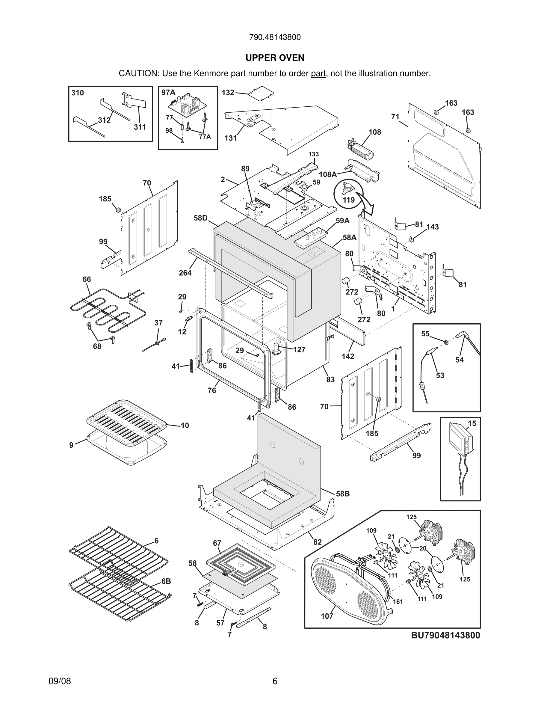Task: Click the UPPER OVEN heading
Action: click(275, 58)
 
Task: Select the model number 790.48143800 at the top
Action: click(275, 37)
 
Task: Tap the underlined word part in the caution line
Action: click(318, 74)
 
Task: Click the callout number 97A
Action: click(168, 93)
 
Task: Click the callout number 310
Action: click(78, 93)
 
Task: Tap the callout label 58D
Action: click(200, 218)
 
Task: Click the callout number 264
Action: click(185, 273)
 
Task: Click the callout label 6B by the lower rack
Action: click(166, 581)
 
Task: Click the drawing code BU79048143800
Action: click(445, 635)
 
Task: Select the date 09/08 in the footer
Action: click(60, 681)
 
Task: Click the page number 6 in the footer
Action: click(275, 681)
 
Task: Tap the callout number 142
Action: click(348, 356)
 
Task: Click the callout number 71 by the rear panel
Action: click(395, 116)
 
